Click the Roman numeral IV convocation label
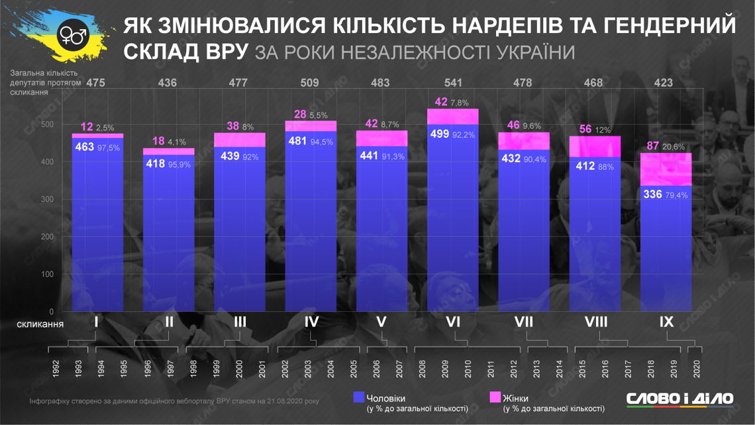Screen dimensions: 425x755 tap(311, 322)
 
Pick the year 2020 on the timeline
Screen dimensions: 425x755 tap(696, 367)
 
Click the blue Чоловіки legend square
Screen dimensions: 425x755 tap(359, 397)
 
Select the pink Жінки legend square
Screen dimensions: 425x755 tap(495, 397)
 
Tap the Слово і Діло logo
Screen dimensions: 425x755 tap(679, 399)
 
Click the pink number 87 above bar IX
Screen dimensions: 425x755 tap(653, 146)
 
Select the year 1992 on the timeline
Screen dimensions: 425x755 tap(56, 367)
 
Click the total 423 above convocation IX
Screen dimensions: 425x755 tap(662, 83)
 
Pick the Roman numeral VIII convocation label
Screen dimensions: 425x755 tap(596, 322)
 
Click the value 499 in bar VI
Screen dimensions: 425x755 tap(440, 133)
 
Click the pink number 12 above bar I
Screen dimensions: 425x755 tap(86, 127)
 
